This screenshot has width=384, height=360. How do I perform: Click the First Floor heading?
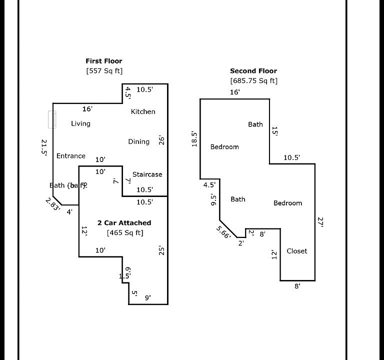tap(104, 61)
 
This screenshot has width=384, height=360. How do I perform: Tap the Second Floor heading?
tap(253, 71)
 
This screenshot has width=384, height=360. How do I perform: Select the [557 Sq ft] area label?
tap(104, 71)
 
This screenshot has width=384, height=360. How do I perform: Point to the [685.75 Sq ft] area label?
tap(253, 80)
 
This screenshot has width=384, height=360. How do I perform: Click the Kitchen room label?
tap(143, 111)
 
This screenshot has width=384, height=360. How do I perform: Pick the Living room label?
tap(80, 123)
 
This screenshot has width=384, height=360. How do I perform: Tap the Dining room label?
tap(138, 141)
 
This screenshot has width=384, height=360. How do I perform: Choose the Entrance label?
tap(70, 156)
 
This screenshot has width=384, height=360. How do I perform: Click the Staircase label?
tap(147, 174)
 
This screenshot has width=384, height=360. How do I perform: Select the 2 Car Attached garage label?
tap(124, 223)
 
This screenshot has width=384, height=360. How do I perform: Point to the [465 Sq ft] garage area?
tap(124, 232)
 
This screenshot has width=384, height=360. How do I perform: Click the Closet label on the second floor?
tap(296, 251)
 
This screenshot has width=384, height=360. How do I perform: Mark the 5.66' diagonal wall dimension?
tap(223, 232)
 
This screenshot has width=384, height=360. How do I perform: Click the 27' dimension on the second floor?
tap(320, 222)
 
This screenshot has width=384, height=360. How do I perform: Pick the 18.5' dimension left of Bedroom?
tap(194, 138)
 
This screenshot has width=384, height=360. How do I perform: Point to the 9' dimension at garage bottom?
tap(148, 297)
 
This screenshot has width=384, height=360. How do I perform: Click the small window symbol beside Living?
tap(52, 119)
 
